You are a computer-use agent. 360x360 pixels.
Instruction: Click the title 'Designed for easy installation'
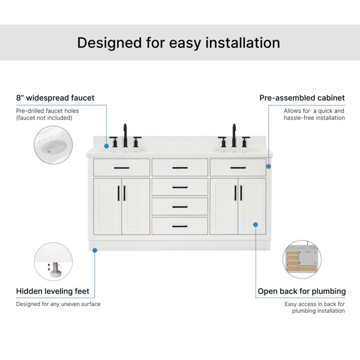(179, 43)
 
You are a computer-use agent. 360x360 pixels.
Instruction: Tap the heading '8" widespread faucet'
(55, 98)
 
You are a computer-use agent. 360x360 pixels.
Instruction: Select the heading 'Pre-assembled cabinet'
(302, 98)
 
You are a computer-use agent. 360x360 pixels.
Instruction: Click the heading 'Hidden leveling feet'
(53, 291)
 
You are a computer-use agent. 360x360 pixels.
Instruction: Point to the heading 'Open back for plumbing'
(302, 292)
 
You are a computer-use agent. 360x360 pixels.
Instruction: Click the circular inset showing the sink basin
(53, 145)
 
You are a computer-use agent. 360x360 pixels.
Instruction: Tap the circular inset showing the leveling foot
(53, 262)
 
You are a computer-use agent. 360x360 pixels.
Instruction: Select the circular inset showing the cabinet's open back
(302, 259)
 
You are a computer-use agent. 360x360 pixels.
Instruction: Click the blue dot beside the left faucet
(106, 146)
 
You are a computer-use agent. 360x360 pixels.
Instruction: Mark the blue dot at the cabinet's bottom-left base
(95, 250)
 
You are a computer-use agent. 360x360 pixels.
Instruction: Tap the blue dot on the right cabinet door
(256, 224)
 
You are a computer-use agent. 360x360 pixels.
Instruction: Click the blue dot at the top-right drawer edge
(268, 166)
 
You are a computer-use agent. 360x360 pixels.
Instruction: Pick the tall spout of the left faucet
(125, 136)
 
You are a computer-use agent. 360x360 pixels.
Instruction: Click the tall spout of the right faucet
(234, 136)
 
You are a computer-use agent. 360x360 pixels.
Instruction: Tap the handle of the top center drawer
(180, 168)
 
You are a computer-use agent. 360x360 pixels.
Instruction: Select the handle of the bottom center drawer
(180, 226)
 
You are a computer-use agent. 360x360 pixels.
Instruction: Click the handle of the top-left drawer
(121, 168)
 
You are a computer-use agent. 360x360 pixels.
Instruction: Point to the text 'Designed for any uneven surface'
(58, 304)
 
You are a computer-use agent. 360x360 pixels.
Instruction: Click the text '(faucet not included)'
(44, 118)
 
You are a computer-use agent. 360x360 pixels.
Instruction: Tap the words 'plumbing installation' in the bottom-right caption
(318, 311)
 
